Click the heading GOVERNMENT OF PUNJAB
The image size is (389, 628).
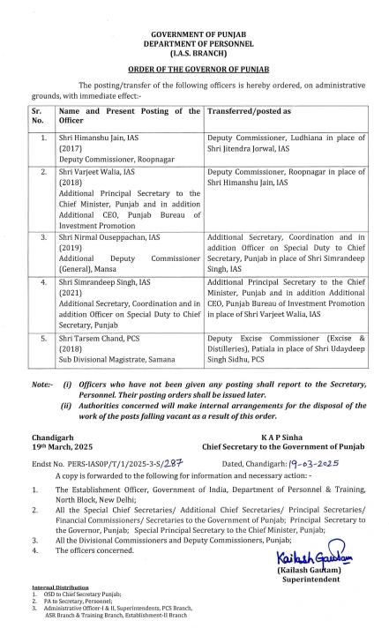(x=194, y=33)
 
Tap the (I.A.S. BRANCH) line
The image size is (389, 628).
(x=194, y=51)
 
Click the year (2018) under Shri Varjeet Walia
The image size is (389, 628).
(x=71, y=183)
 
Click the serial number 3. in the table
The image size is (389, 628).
(x=39, y=238)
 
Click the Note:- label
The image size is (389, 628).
(x=42, y=385)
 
